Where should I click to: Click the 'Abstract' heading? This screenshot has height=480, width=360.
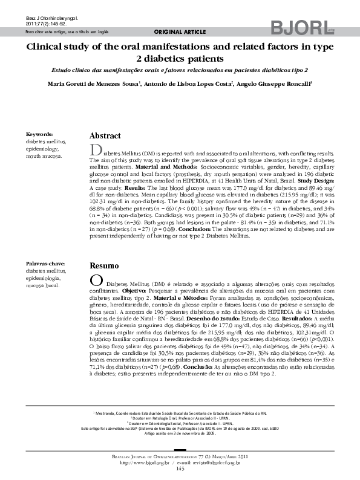[x=105, y=136]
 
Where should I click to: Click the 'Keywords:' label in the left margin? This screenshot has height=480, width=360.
[x=40, y=134]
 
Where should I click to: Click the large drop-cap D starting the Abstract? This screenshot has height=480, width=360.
[x=94, y=150]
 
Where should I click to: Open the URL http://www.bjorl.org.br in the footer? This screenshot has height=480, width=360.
[x=145, y=462]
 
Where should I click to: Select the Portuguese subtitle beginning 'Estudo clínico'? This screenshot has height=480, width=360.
[x=180, y=71]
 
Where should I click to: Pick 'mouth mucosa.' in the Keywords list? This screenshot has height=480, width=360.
[x=44, y=155]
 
